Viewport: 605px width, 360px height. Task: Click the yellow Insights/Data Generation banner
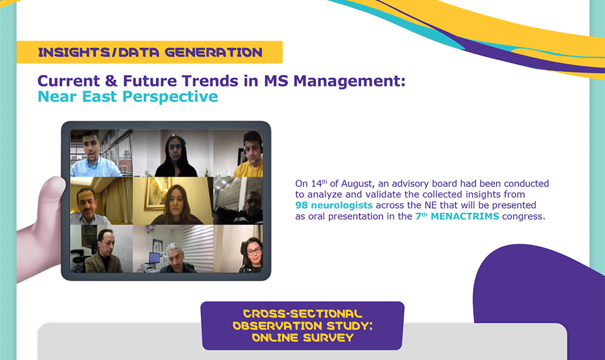(149, 52)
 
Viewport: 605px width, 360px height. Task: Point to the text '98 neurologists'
(334, 205)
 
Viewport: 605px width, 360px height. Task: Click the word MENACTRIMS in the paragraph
(465, 217)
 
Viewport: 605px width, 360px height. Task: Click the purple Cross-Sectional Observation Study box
(302, 326)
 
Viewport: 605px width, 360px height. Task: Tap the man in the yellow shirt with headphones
(250, 154)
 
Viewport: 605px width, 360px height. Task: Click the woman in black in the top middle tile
(175, 156)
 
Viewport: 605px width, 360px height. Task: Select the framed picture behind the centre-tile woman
(155, 194)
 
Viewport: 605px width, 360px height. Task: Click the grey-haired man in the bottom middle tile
(177, 258)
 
